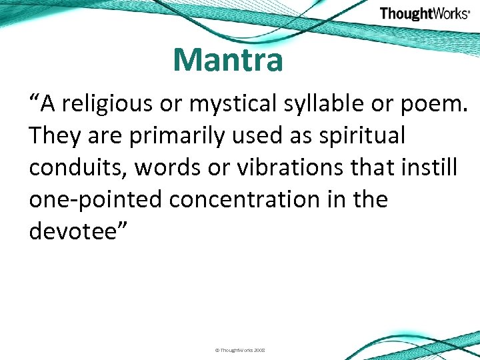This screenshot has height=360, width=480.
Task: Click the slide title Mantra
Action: pyautogui.click(x=228, y=60)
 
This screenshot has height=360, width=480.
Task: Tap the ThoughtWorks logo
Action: pyautogui.click(x=425, y=14)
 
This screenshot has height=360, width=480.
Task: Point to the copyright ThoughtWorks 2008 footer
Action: pyautogui.click(x=239, y=349)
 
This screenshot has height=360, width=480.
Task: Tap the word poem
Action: pyautogui.click(x=437, y=104)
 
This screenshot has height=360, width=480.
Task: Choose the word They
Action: pyautogui.click(x=53, y=136)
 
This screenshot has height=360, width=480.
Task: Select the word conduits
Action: pyautogui.click(x=77, y=168)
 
